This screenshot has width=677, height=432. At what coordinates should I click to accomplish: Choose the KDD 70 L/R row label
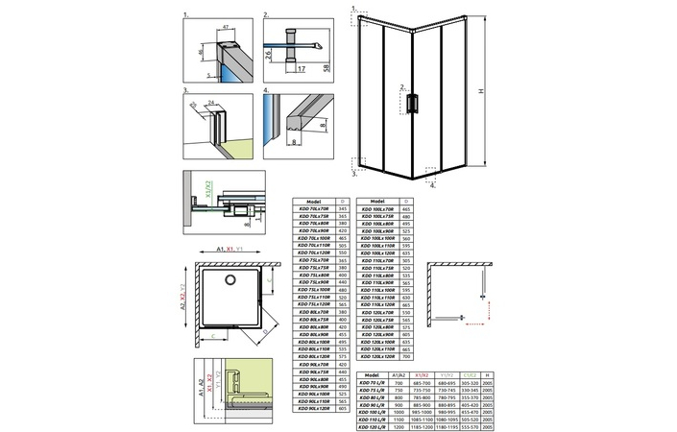click(x=370, y=384)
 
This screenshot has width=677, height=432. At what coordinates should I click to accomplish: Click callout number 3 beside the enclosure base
click(x=354, y=177)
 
